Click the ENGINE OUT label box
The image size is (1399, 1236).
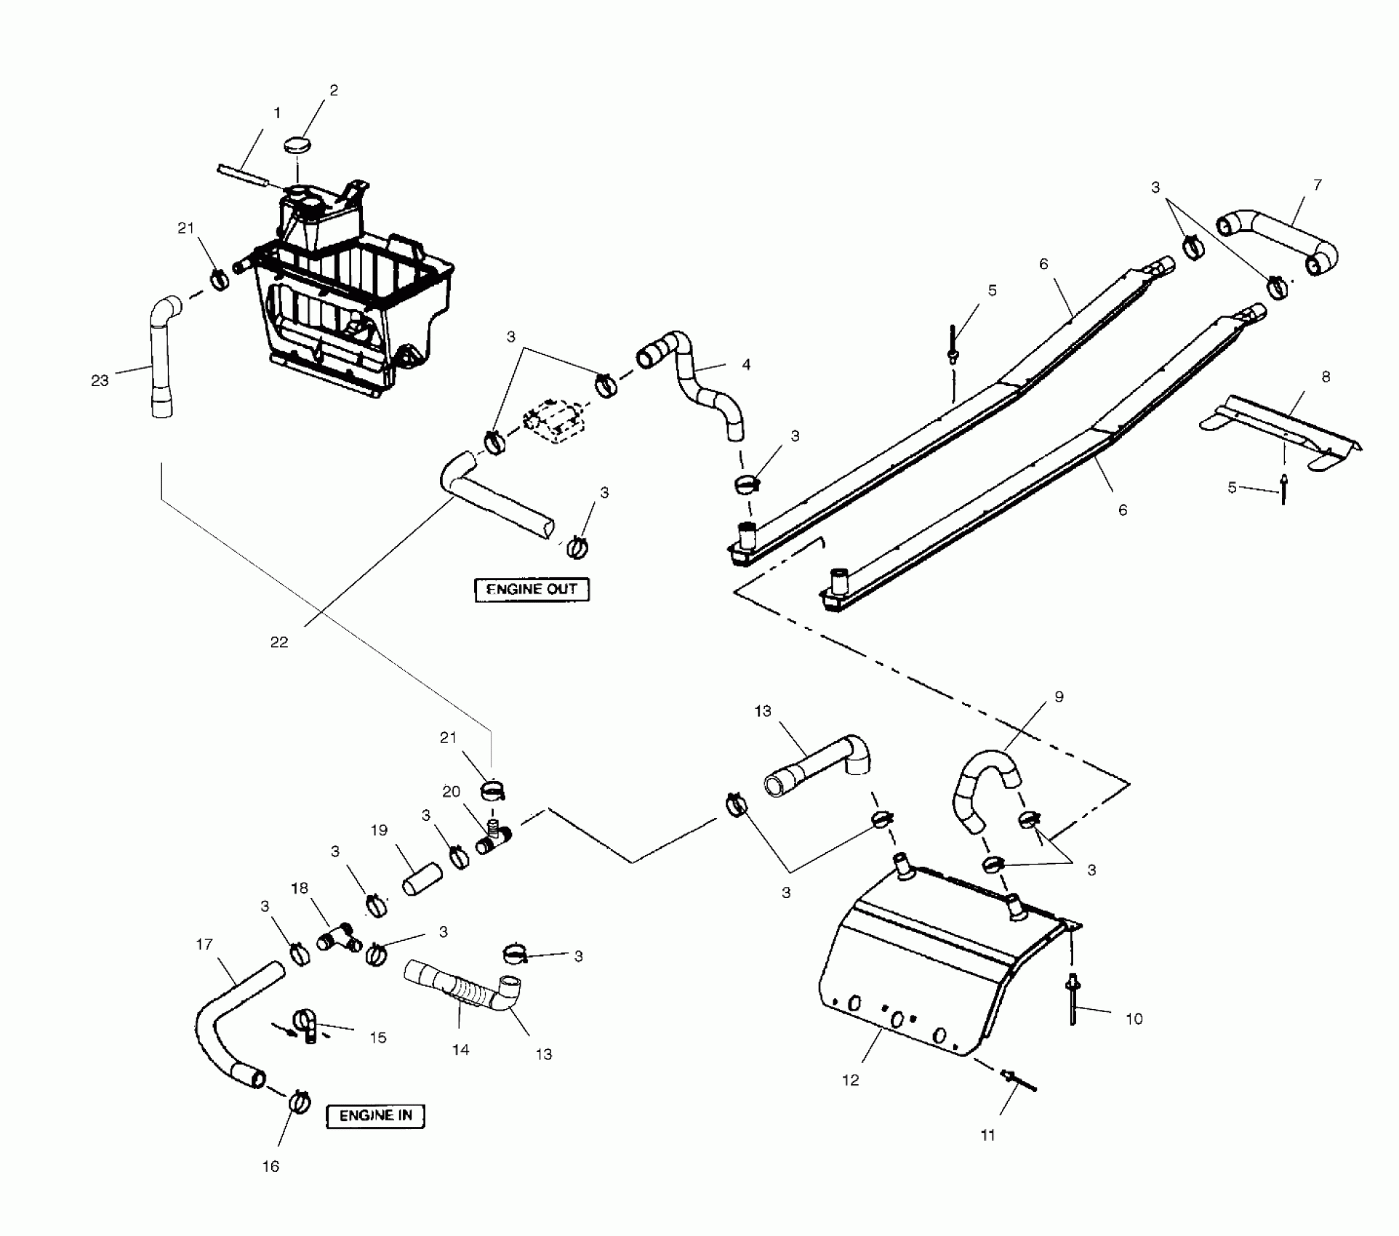tap(532, 589)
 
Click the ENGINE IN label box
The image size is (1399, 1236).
tap(375, 1115)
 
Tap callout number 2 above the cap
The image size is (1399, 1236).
tap(334, 90)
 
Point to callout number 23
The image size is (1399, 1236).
tap(100, 380)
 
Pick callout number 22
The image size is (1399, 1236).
tap(279, 642)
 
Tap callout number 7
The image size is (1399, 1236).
tap(1318, 185)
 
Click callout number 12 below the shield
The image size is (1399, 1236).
tap(850, 1080)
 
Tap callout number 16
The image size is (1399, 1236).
tap(270, 1166)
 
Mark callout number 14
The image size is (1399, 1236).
tap(460, 1050)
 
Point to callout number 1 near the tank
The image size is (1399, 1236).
tap(277, 113)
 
